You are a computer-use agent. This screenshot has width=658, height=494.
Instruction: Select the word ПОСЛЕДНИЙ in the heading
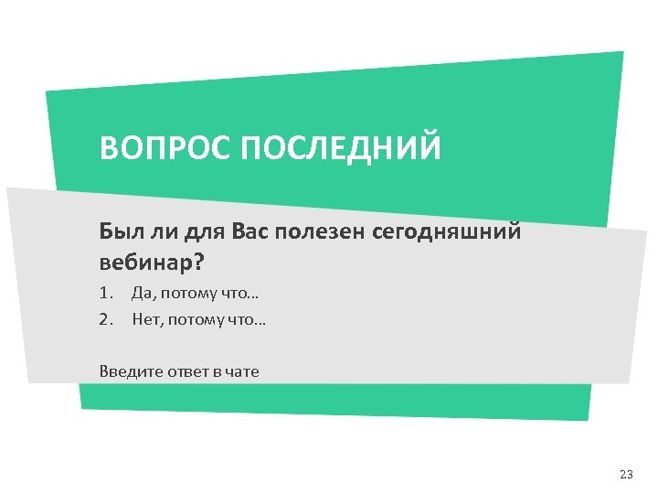tap(340, 147)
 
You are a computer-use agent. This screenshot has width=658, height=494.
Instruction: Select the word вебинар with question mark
tap(151, 263)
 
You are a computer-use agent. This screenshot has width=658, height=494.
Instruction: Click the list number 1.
tap(105, 294)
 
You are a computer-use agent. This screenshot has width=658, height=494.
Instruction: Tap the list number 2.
tap(105, 320)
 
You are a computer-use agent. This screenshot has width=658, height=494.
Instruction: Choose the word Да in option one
tap(143, 294)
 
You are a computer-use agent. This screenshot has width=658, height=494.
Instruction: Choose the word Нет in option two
tap(146, 320)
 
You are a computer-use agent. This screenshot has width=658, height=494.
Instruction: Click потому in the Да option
tap(189, 294)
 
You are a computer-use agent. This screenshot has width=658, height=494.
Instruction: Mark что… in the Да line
tap(240, 294)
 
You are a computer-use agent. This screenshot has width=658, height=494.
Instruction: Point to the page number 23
tap(626, 474)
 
